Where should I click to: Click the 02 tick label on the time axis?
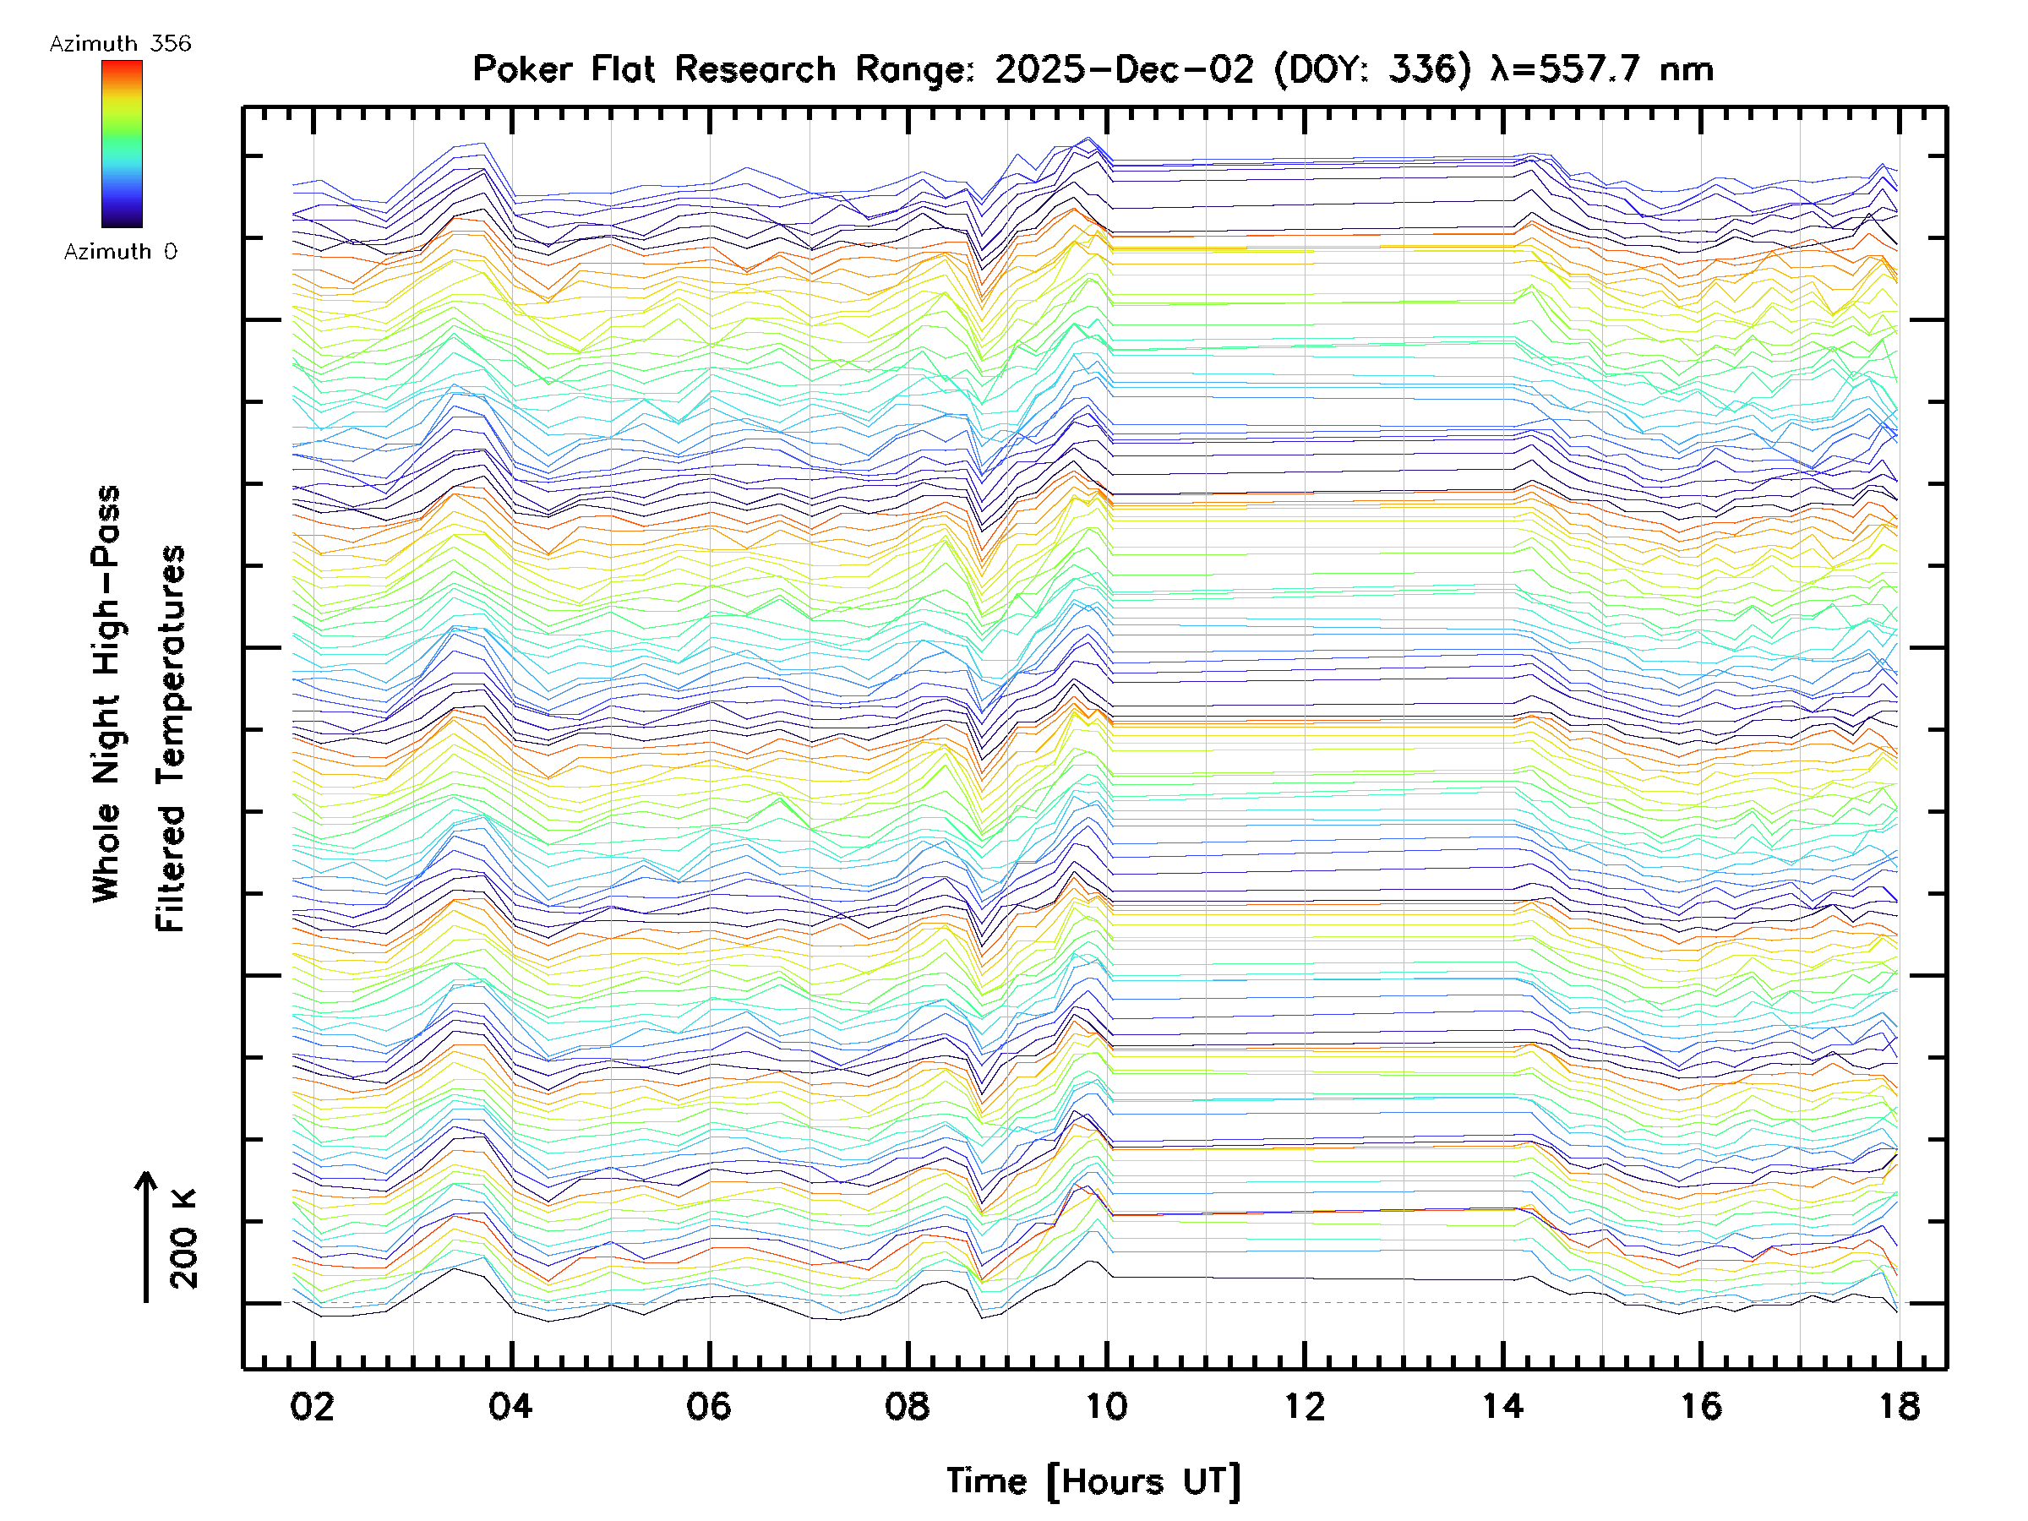pos(313,1406)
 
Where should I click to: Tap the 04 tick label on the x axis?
pos(510,1406)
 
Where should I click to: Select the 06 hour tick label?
pos(709,1406)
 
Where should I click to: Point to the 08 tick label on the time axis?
pos(908,1406)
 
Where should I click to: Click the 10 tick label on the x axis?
pos(1107,1406)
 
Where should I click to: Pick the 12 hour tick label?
pos(1305,1406)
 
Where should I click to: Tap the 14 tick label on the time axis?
pos(1502,1406)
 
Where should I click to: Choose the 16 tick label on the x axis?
pos(1701,1406)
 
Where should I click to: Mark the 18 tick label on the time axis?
pos(1899,1406)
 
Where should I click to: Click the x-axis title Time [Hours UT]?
pos(1093,1481)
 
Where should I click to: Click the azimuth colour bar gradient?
pos(122,144)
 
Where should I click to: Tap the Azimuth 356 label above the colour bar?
pos(120,44)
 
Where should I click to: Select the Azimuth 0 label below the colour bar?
pos(120,252)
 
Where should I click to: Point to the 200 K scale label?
pos(184,1240)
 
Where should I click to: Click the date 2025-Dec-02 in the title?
pos(1124,69)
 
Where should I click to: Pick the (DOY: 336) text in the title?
pos(1372,69)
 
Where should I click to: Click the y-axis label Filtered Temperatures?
pos(172,739)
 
